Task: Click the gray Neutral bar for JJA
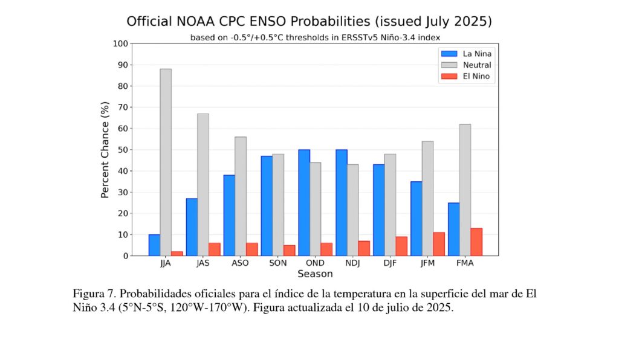tap(166, 162)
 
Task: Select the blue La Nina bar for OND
tap(304, 202)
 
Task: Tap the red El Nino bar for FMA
tap(476, 242)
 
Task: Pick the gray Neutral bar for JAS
tap(203, 184)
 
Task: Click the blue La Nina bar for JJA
tap(154, 245)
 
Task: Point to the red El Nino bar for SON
tap(290, 250)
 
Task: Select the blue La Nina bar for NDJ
tap(342, 202)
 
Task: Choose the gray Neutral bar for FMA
tap(465, 190)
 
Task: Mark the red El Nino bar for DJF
tap(401, 246)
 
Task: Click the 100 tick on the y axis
tap(120, 43)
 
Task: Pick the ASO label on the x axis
tap(240, 263)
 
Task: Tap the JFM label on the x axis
tap(427, 263)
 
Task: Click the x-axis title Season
tap(315, 274)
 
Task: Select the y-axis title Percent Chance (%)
tap(105, 150)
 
